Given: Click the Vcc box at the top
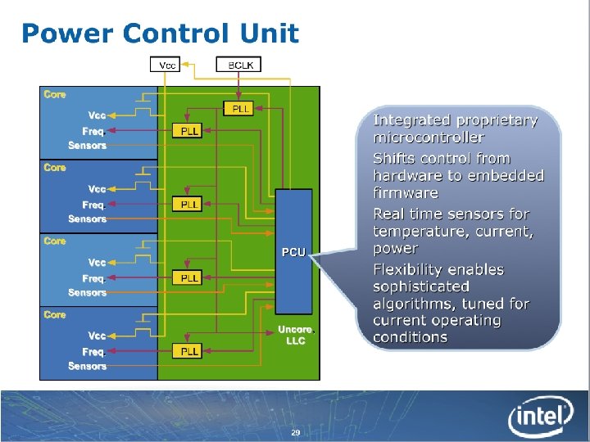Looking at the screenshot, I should (166, 63).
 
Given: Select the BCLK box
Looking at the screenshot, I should (238, 63).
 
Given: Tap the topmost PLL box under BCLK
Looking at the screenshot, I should (238, 109).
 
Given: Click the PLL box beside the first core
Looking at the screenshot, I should (188, 131).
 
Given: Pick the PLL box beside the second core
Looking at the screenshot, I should (188, 204).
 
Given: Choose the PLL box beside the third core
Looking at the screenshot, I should (188, 278).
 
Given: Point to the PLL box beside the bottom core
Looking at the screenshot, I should (188, 351).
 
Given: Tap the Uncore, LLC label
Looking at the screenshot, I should (295, 335).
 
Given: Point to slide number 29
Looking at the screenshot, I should (295, 432).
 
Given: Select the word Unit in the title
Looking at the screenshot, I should (270, 34).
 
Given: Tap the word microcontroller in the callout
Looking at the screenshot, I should (429, 138).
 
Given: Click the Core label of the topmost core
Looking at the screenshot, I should (55, 94).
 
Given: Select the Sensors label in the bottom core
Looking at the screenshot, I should (88, 366).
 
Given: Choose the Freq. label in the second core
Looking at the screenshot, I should (93, 204).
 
